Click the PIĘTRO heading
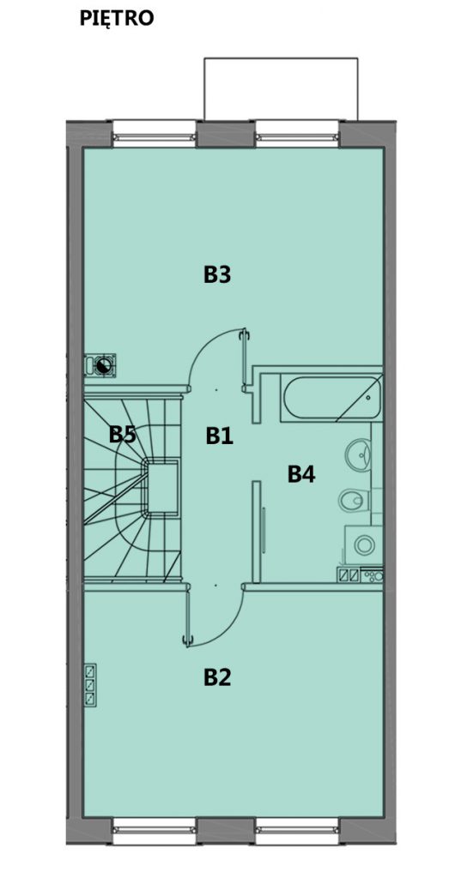click(x=117, y=18)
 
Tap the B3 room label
click(x=217, y=275)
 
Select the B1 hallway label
click(x=219, y=435)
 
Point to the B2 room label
click(x=217, y=677)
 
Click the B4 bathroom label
click(x=301, y=474)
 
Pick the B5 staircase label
click(x=122, y=434)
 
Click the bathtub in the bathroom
click(x=332, y=399)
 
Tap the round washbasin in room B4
click(x=358, y=454)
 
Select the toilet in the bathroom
click(x=355, y=500)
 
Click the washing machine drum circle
click(x=365, y=544)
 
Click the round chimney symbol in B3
click(x=103, y=365)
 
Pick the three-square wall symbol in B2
click(x=90, y=685)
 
